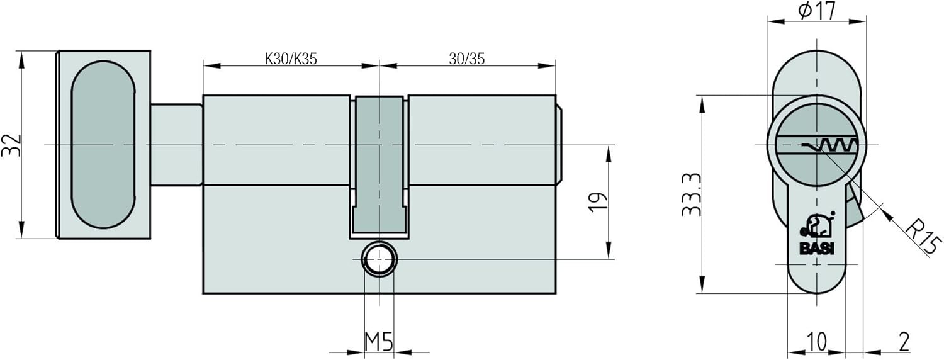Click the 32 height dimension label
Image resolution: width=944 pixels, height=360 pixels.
(x=11, y=145)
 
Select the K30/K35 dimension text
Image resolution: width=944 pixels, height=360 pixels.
(x=290, y=59)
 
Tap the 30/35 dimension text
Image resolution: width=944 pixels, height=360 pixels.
(x=466, y=59)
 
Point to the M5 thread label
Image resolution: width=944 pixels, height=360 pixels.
(x=379, y=342)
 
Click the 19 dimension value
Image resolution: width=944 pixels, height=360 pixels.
(x=598, y=202)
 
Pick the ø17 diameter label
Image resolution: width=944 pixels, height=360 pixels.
(x=817, y=11)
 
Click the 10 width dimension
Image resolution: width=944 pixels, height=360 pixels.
(x=816, y=342)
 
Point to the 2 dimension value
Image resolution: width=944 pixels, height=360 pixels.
(x=904, y=342)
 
